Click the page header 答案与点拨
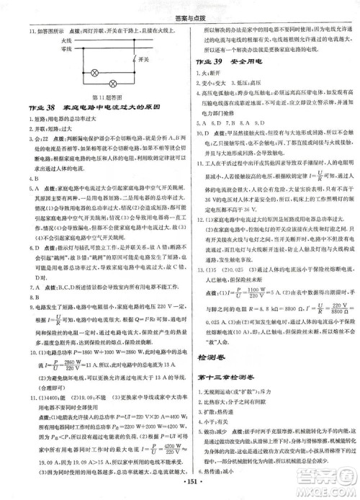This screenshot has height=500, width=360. coord(180,9)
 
